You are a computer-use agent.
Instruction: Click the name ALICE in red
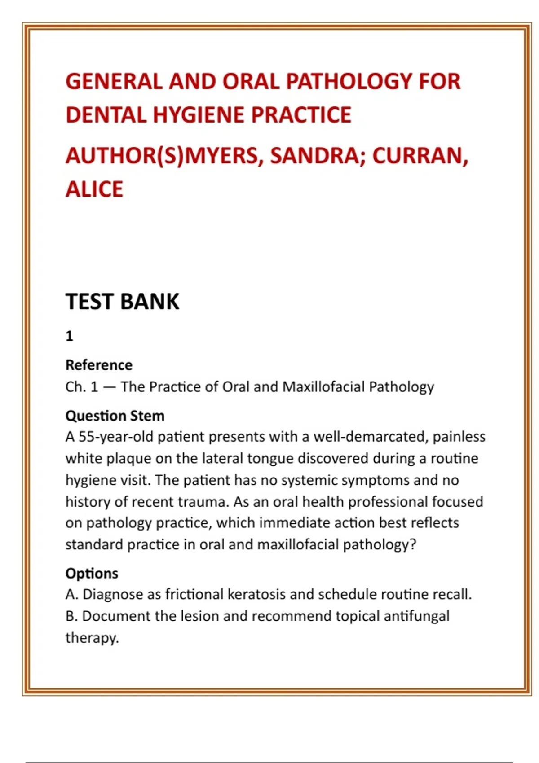(94, 189)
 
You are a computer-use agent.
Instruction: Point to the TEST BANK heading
(122, 301)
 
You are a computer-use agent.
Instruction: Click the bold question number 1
(69, 336)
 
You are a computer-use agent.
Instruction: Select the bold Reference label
(99, 365)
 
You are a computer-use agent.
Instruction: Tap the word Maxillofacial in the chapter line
(323, 386)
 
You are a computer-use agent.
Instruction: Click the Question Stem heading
(115, 416)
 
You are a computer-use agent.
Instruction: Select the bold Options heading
(92, 573)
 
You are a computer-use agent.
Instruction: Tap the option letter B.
(71, 616)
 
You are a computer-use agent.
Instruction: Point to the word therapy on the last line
(91, 638)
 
